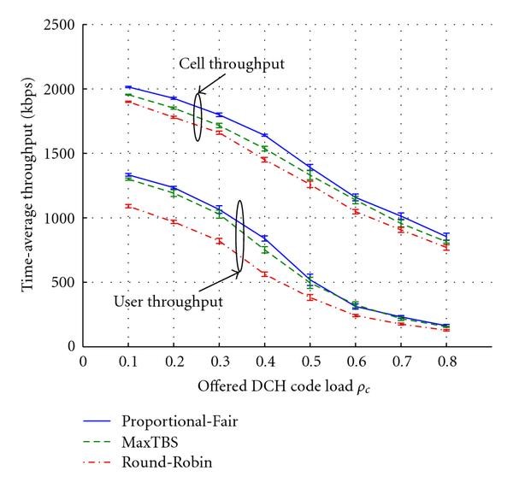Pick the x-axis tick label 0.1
tap(128, 361)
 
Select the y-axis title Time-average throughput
tap(28, 185)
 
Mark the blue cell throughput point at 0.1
tap(128, 87)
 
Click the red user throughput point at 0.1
tap(128, 206)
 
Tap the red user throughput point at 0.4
tap(265, 274)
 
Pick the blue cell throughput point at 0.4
tap(265, 135)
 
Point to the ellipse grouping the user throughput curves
tap(240, 237)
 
